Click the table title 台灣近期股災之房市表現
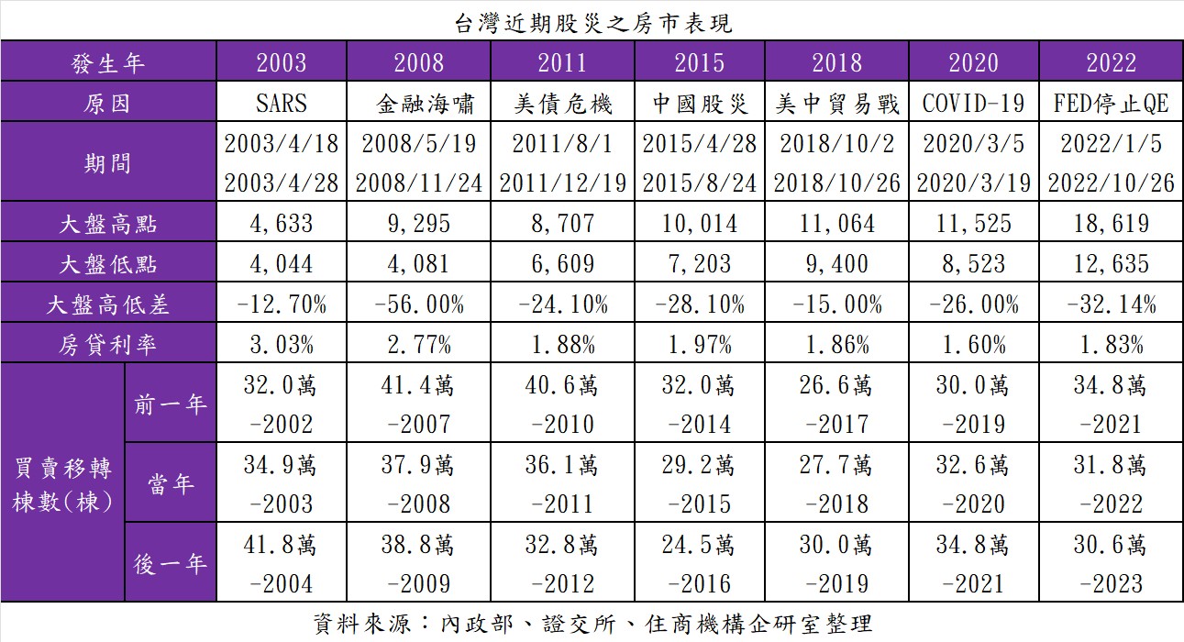pyautogui.click(x=592, y=22)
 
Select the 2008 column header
pyautogui.click(x=419, y=62)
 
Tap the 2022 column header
pyautogui.click(x=1111, y=62)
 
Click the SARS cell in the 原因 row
pyautogui.click(x=282, y=104)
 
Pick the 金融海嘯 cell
pyautogui.click(x=419, y=104)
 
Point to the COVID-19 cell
pyautogui.click(x=973, y=104)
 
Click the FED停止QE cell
pyautogui.click(x=1111, y=104)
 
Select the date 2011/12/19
pyautogui.click(x=562, y=183)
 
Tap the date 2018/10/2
pyautogui.click(x=836, y=144)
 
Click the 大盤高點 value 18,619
pyautogui.click(x=1111, y=223)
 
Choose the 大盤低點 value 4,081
pyautogui.click(x=419, y=264)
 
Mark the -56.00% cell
pyautogui.click(x=419, y=304)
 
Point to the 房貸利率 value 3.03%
pyautogui.click(x=282, y=345)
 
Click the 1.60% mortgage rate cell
pyautogui.click(x=973, y=345)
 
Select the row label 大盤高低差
pyautogui.click(x=108, y=304)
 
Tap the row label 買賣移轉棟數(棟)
pyautogui.click(x=62, y=482)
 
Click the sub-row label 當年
pyautogui.click(x=170, y=482)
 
